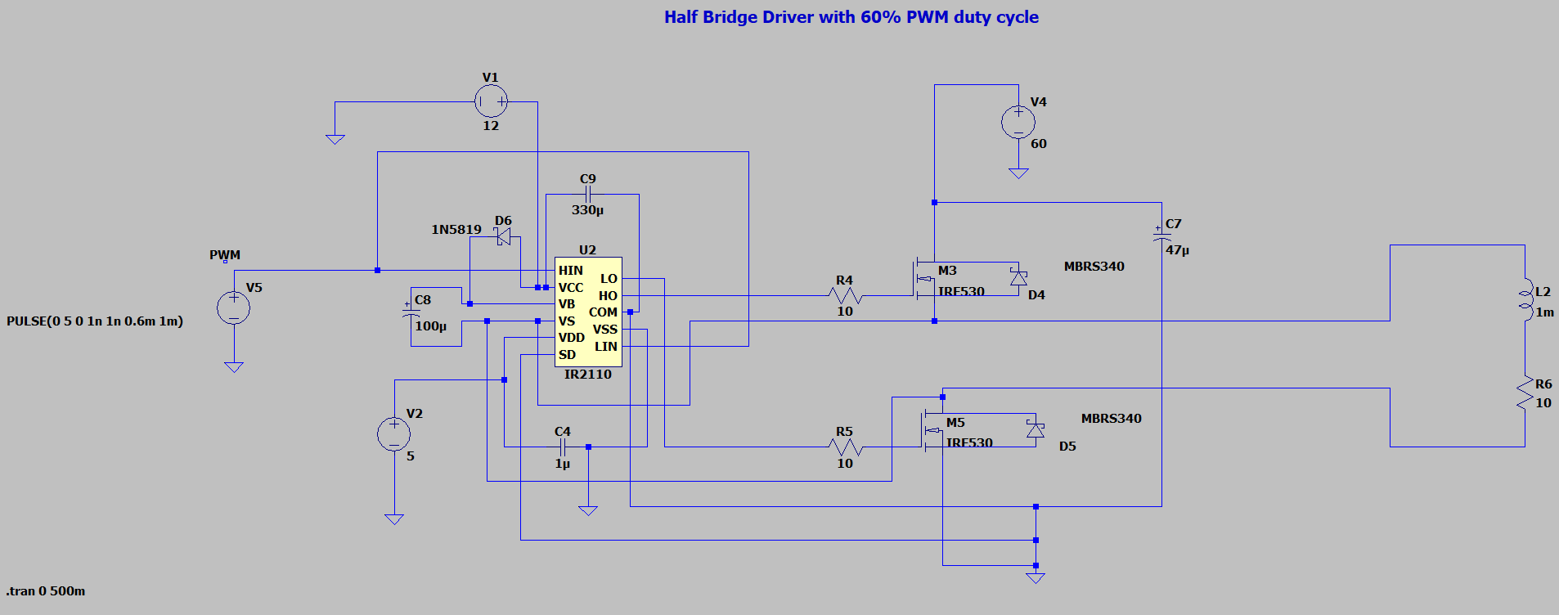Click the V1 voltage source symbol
point(491,101)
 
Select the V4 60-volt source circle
point(1018,122)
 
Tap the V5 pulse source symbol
point(233,307)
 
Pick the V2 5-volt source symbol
point(393,434)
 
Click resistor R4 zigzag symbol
point(845,295)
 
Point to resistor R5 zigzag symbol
point(845,447)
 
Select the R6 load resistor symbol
point(1525,392)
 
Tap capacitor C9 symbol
point(587,194)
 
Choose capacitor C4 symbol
point(562,447)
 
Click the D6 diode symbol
point(504,236)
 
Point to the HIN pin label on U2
point(571,271)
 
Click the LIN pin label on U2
point(606,347)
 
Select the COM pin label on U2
point(603,312)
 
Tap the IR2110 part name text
point(588,375)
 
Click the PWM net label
point(225,255)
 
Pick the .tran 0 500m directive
point(46,591)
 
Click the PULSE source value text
point(95,321)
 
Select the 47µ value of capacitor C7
point(1178,250)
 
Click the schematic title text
point(851,17)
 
